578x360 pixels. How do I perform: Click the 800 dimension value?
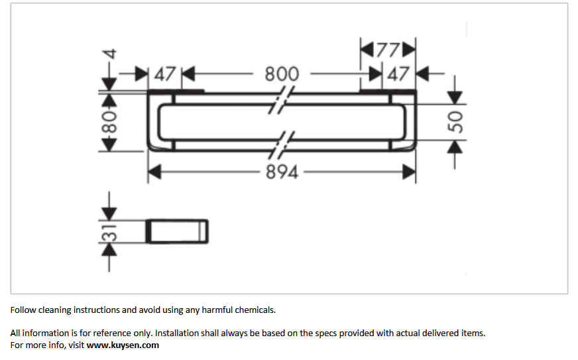[x=282, y=74]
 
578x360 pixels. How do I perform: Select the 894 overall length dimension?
[x=282, y=172]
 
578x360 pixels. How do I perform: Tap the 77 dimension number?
[x=388, y=50]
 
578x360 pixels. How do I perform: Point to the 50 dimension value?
[x=455, y=122]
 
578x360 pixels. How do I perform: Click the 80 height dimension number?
[x=109, y=123]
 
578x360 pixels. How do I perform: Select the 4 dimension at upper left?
[x=110, y=54]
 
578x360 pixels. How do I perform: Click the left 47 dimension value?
[x=165, y=74]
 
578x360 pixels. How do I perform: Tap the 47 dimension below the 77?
[x=398, y=74]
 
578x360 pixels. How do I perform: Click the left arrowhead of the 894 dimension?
[x=154, y=172]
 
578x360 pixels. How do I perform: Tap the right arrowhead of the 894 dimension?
[x=409, y=172]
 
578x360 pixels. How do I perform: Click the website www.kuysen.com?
[x=123, y=345]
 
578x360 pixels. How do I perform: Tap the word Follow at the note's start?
[x=23, y=310]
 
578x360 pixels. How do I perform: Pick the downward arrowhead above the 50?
[x=455, y=97]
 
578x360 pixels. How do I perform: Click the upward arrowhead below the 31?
[x=109, y=250]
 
